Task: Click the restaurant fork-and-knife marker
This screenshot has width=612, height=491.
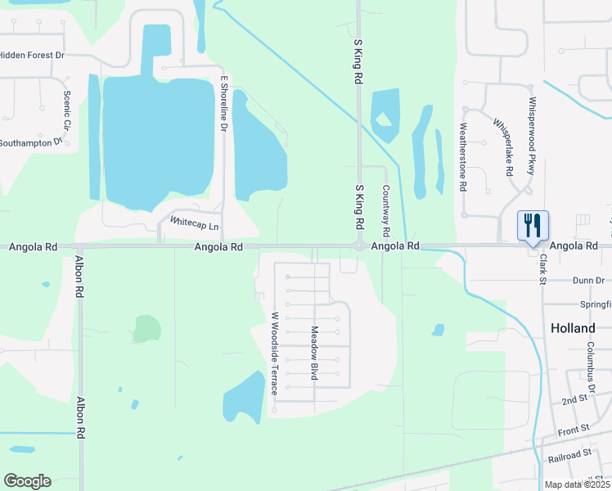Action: pos(533,224)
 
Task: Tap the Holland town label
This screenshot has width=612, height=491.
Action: pos(573,328)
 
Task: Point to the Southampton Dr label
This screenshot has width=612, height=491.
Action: pos(31,142)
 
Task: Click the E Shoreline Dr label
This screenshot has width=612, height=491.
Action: pos(223,103)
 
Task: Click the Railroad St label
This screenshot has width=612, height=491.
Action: pos(570,454)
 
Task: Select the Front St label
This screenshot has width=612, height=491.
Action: pos(574,429)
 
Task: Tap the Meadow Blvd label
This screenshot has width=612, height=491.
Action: pos(313,353)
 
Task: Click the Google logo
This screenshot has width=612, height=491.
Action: pos(27,481)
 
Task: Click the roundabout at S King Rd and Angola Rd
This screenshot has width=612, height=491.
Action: pos(358,245)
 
